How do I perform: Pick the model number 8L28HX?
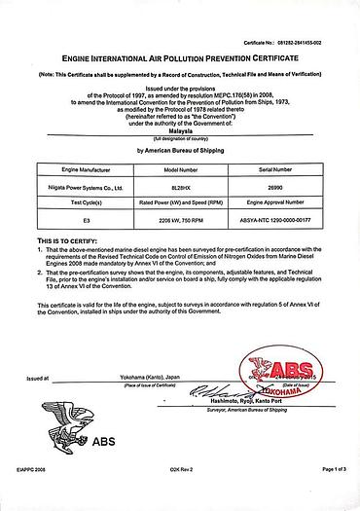(x=181, y=186)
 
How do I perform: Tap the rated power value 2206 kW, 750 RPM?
(x=181, y=222)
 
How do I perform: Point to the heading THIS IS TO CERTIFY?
(x=67, y=239)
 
